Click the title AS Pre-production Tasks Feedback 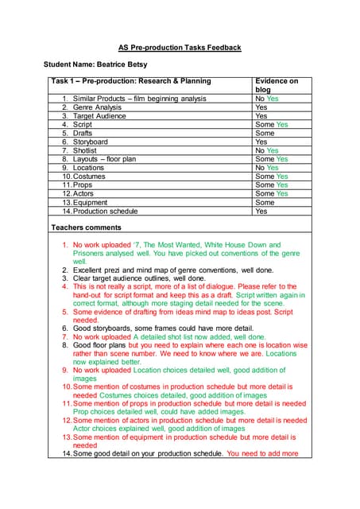[180, 48]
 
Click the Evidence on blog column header [276, 85]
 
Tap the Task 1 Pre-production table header [131, 81]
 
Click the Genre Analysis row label [98, 107]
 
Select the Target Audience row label [101, 116]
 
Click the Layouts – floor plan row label [105, 159]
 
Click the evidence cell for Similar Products [266, 99]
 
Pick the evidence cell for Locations [266, 168]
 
